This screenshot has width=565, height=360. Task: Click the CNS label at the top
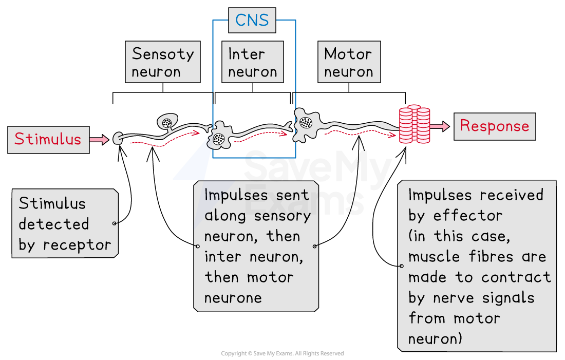(252, 21)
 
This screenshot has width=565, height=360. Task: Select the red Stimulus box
(48, 139)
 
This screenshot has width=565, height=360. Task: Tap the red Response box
(494, 126)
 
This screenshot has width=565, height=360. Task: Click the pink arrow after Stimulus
(99, 139)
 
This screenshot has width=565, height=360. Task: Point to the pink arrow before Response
(439, 126)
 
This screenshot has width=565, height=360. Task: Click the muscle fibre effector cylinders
(415, 125)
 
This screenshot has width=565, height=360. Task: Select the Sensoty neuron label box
(162, 63)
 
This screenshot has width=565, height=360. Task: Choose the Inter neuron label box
(252, 63)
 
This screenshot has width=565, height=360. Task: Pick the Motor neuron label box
(349, 63)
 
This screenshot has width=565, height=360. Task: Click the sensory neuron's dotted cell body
(167, 122)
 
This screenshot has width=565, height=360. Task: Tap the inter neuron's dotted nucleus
(219, 138)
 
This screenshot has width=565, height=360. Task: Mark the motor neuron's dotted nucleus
(306, 122)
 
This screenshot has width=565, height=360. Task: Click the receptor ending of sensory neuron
(118, 138)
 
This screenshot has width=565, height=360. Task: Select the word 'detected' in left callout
(54, 224)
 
